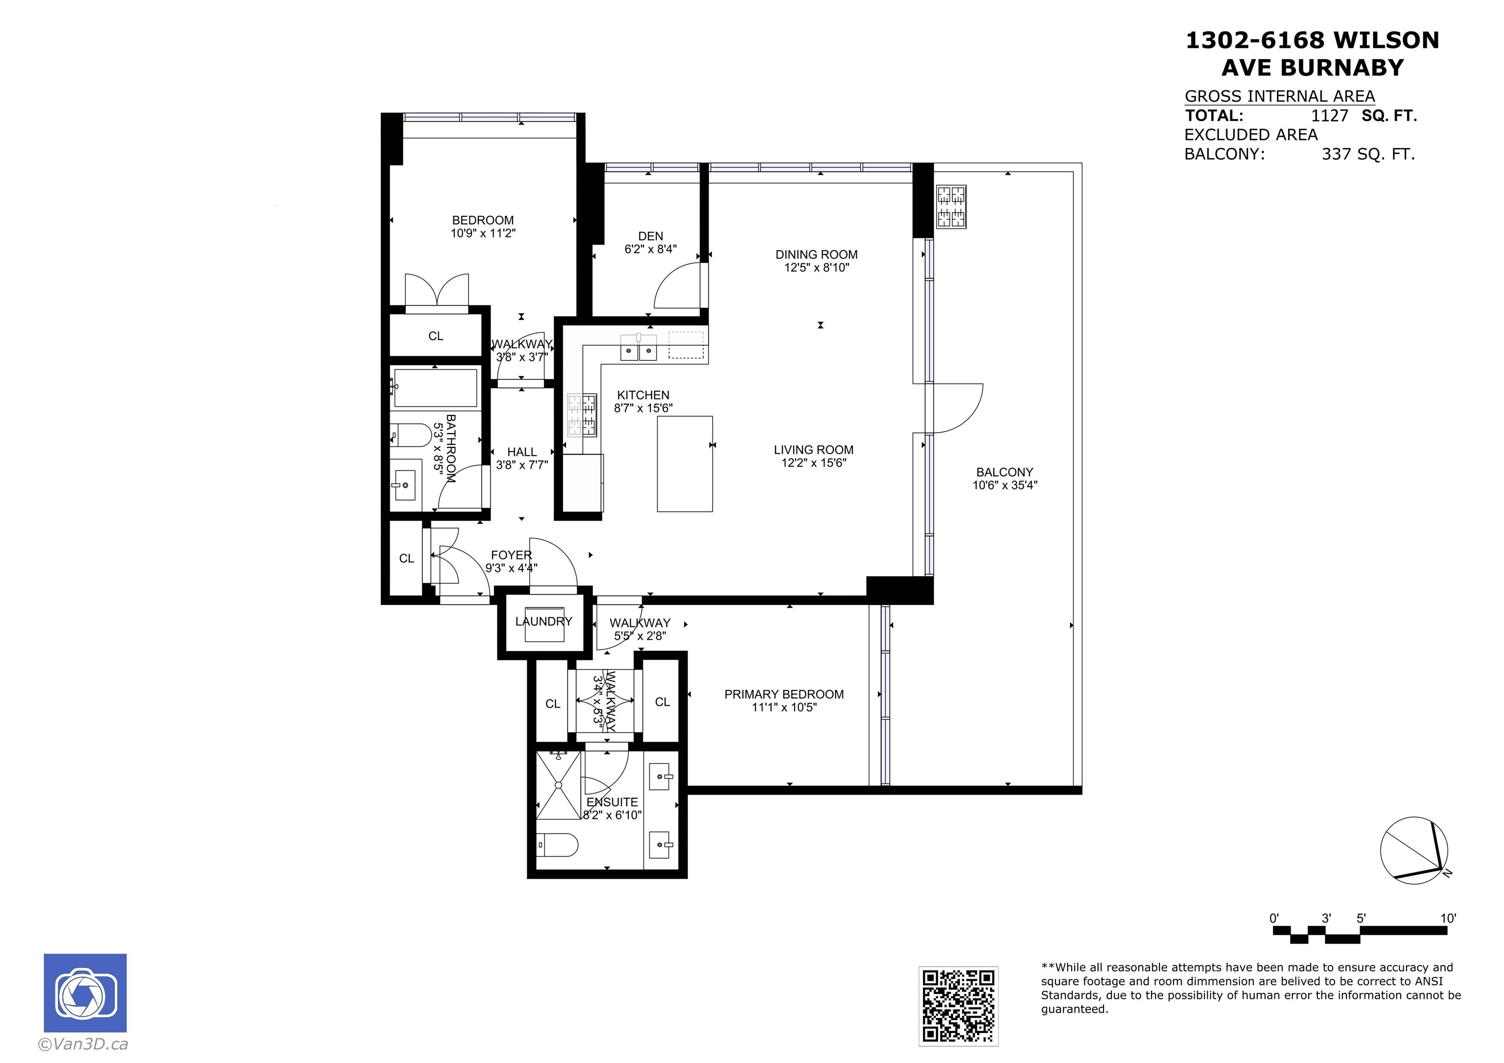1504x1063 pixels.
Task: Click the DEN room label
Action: point(651,236)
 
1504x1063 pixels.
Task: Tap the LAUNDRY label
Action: point(544,621)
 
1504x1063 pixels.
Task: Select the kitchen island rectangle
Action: point(684,463)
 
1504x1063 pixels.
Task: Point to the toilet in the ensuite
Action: point(558,844)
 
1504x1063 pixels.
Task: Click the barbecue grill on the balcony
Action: point(952,207)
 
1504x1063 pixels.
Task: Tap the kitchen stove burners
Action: point(582,415)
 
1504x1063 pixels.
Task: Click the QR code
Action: point(958,1005)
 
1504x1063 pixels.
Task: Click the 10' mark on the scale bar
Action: point(1448,918)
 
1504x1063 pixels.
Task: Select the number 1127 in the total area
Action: point(1329,116)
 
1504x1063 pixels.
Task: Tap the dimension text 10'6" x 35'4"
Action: point(1005,485)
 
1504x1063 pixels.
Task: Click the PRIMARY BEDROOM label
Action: point(784,694)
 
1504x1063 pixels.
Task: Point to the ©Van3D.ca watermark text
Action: point(83,1044)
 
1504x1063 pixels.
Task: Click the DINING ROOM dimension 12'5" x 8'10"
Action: point(817,267)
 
